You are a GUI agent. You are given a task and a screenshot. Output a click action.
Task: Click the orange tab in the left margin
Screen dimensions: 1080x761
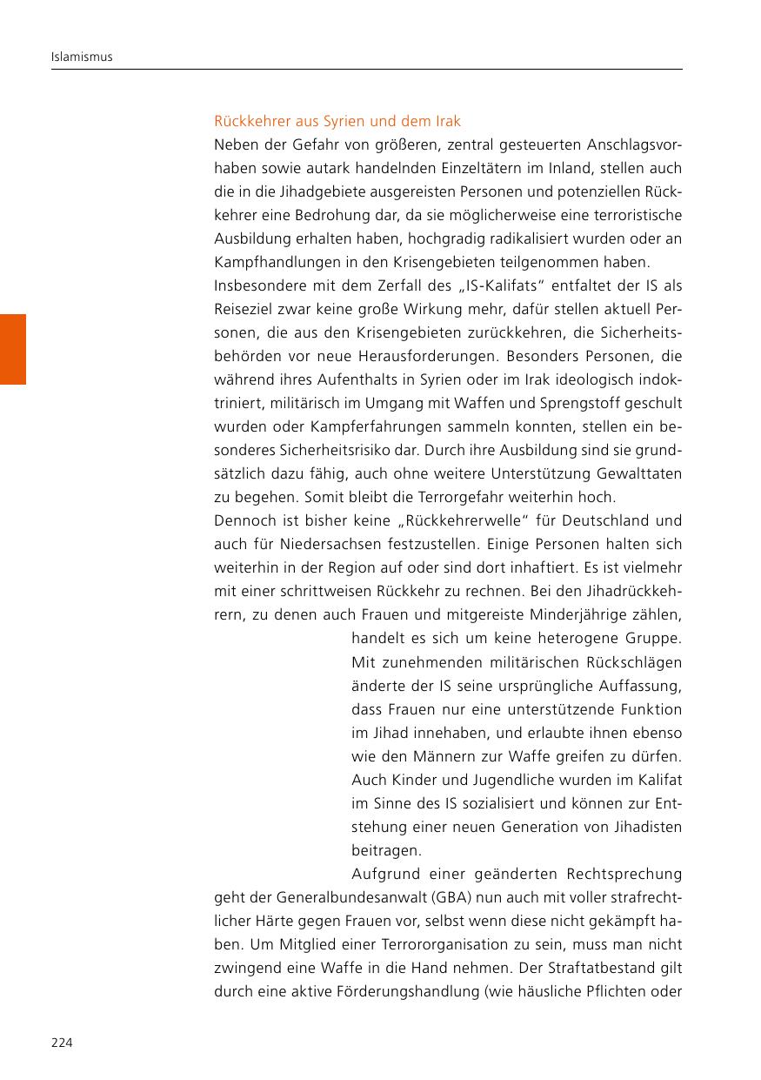13,349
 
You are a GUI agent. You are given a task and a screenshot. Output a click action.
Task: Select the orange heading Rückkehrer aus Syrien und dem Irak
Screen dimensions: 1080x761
337,121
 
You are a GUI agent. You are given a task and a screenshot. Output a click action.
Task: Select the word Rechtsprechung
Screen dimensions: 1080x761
624,874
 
